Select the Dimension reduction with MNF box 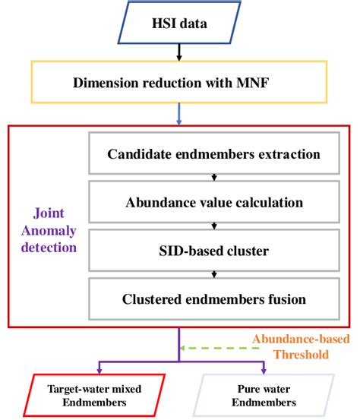pyautogui.click(x=179, y=81)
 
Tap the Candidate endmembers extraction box pyautogui.click(x=213, y=155)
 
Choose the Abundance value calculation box pyautogui.click(x=213, y=203)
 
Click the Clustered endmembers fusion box pyautogui.click(x=213, y=298)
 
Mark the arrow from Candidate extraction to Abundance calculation pyautogui.click(x=213, y=179)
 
